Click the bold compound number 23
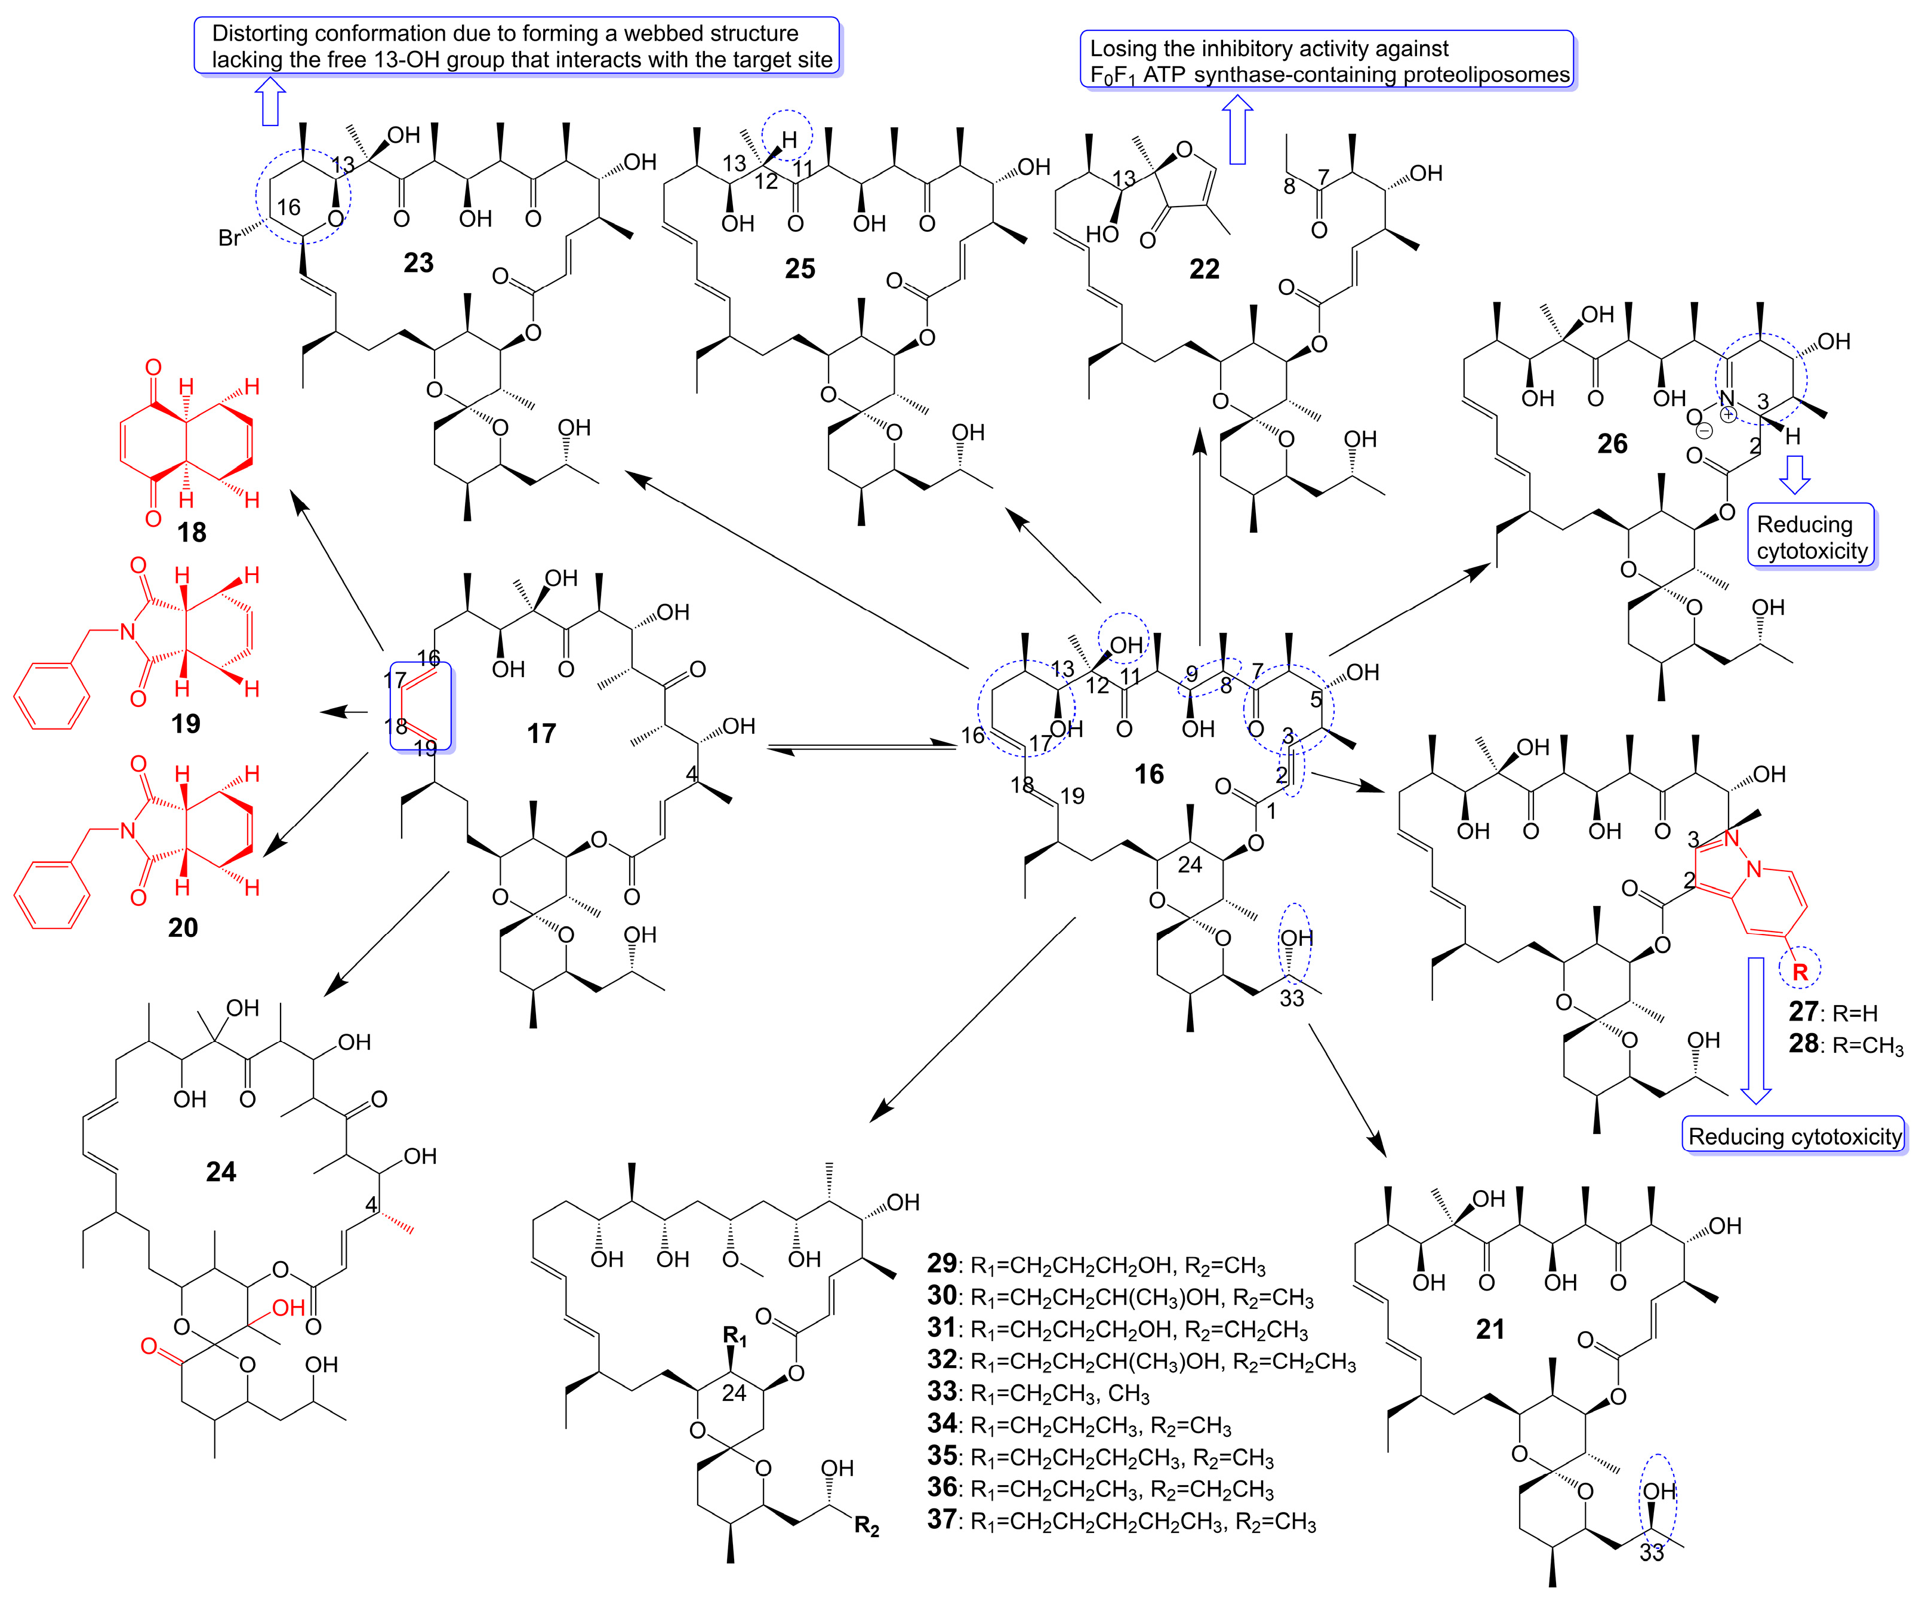tap(419, 263)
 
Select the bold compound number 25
tap(800, 268)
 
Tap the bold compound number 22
tap(1205, 269)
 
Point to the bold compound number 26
tap(1612, 444)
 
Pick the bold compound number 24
tap(221, 1171)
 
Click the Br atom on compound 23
tap(230, 238)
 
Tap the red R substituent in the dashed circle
tap(1800, 972)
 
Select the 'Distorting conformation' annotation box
tap(516, 45)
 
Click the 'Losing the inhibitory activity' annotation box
tap(1327, 60)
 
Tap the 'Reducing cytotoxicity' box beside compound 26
tap(1811, 537)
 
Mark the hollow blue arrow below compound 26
tap(1795, 475)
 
